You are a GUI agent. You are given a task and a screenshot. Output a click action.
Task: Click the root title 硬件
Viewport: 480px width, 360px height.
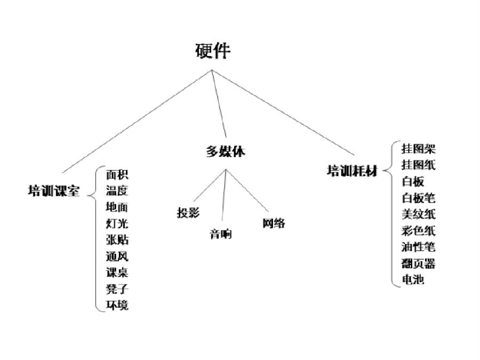pyautogui.click(x=213, y=51)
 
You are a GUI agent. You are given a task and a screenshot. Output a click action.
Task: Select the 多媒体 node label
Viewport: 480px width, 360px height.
pyautogui.click(x=226, y=152)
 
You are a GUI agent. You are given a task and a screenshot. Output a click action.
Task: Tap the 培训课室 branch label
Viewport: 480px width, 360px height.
pyautogui.click(x=54, y=190)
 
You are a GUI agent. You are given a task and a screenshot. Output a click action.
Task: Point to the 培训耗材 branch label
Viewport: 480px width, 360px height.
pyautogui.click(x=353, y=171)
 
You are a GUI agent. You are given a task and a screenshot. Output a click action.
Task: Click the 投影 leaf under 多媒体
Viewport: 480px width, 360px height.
pyautogui.click(x=188, y=212)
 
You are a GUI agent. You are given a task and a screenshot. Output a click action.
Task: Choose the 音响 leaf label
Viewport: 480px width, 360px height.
pyautogui.click(x=221, y=234)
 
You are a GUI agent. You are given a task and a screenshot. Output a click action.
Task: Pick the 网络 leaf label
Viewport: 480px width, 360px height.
pyautogui.click(x=274, y=223)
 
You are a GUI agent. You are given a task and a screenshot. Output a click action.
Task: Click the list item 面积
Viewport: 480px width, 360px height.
pyautogui.click(x=117, y=175)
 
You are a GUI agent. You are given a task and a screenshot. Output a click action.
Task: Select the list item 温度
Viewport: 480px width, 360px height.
pyautogui.click(x=117, y=191)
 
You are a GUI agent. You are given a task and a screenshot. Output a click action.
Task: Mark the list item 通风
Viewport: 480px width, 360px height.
pyautogui.click(x=117, y=256)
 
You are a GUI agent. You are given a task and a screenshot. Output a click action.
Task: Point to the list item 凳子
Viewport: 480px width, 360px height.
pyautogui.click(x=117, y=289)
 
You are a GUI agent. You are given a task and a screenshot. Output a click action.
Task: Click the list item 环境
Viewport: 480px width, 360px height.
pyautogui.click(x=117, y=305)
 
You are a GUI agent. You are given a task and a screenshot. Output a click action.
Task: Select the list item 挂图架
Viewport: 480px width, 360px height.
pyautogui.click(x=419, y=149)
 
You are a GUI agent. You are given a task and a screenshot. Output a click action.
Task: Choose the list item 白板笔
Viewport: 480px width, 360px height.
pyautogui.click(x=419, y=198)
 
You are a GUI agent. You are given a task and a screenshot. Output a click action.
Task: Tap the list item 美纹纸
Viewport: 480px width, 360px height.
pyautogui.click(x=419, y=214)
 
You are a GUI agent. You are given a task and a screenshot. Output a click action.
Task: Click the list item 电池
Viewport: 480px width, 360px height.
pyautogui.click(x=413, y=279)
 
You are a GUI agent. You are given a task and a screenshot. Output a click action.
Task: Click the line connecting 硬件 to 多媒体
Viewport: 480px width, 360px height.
pyautogui.click(x=219, y=104)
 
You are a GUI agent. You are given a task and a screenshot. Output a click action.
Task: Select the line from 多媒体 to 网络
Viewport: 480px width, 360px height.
pyautogui.click(x=247, y=190)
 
